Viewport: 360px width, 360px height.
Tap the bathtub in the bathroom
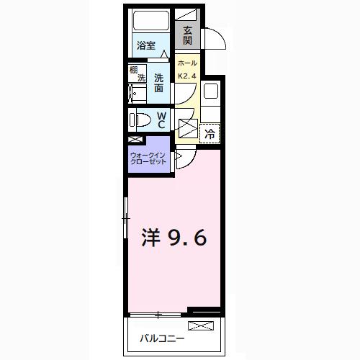tap(150, 21)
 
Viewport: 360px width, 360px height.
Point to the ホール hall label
tap(186, 63)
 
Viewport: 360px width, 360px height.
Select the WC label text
tap(161, 120)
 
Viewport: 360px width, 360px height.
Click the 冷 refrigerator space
tap(210, 132)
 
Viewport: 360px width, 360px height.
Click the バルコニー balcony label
tap(162, 338)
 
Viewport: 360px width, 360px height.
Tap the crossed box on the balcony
tap(204, 326)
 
